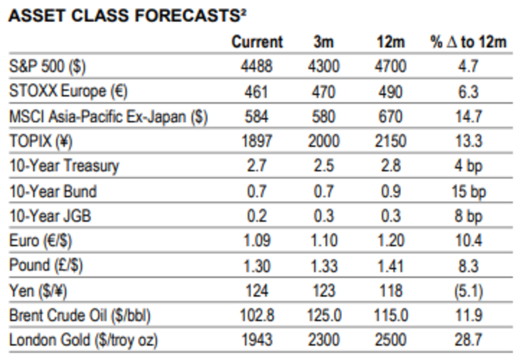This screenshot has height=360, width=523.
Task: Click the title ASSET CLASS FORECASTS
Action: pyautogui.click(x=124, y=15)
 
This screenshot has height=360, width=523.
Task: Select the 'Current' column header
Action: pyautogui.click(x=257, y=42)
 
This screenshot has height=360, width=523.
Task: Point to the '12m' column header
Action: pyautogui.click(x=391, y=42)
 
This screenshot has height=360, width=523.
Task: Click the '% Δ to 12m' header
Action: pyautogui.click(x=468, y=42)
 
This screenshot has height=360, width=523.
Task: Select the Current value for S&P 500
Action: pyautogui.click(x=257, y=66)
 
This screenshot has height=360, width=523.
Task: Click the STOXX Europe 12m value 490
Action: pyautogui.click(x=390, y=91)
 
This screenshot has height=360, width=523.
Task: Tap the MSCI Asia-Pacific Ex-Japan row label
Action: pyautogui.click(x=108, y=116)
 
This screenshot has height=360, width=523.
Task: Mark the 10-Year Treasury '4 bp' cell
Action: pyautogui.click(x=468, y=166)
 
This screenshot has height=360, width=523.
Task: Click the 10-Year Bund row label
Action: pyautogui.click(x=53, y=191)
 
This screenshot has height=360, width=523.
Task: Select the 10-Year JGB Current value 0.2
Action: pyautogui.click(x=257, y=216)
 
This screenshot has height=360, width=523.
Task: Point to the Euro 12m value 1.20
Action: pyautogui.click(x=390, y=241)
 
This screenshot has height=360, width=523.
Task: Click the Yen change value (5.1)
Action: pyautogui.click(x=468, y=290)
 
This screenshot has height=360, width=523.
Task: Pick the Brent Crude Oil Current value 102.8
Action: pyautogui.click(x=257, y=315)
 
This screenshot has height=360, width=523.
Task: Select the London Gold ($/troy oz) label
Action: pyautogui.click(x=83, y=340)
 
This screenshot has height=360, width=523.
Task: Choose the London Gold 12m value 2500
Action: pyautogui.click(x=390, y=340)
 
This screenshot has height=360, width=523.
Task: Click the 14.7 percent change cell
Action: pyautogui.click(x=468, y=116)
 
